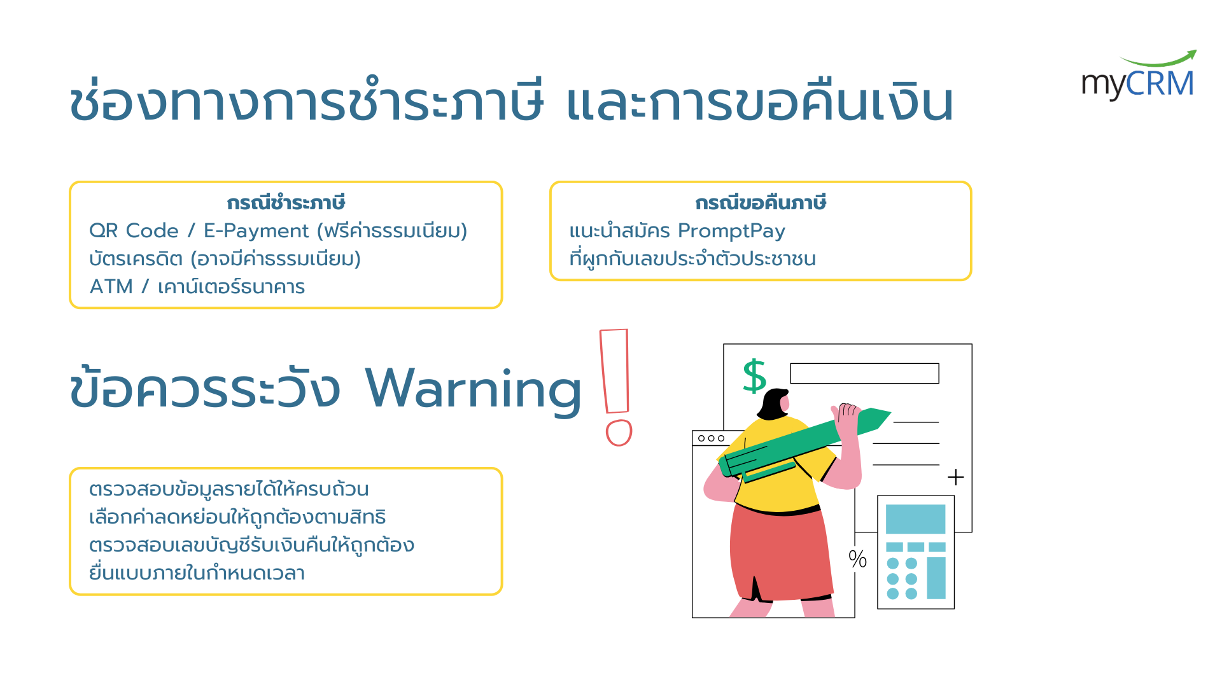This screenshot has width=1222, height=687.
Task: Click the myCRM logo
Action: [x=1139, y=76]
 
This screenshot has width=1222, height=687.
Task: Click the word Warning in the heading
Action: [x=473, y=390]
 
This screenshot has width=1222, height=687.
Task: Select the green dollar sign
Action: [x=754, y=375]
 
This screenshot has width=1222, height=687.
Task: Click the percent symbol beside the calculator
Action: [x=857, y=559]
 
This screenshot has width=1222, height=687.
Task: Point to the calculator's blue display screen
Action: [x=915, y=518]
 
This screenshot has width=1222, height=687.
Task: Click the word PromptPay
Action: [x=731, y=231]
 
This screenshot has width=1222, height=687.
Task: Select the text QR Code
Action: [x=134, y=230]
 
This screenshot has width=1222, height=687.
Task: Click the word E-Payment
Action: [x=256, y=231]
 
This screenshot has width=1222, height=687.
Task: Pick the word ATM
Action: [x=111, y=287]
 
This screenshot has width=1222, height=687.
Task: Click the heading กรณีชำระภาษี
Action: [x=286, y=203]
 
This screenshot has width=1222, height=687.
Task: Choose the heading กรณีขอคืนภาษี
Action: [x=761, y=203]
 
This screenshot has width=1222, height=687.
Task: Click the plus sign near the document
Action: [x=955, y=477]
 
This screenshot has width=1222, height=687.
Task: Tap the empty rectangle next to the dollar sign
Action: [x=864, y=373]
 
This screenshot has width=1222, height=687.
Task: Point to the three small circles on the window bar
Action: [x=711, y=438]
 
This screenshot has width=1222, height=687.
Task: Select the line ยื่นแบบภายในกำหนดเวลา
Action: [x=197, y=572]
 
